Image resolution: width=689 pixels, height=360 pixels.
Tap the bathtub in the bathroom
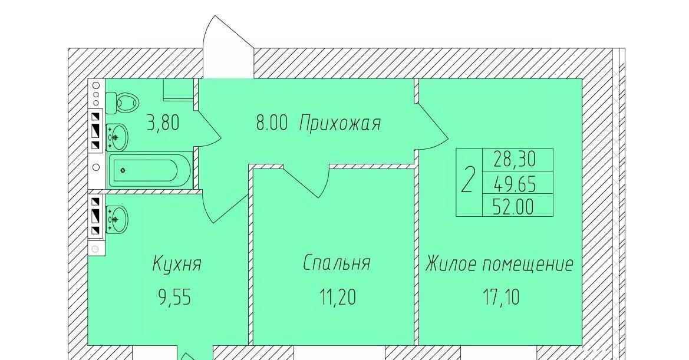pyautogui.click(x=150, y=171)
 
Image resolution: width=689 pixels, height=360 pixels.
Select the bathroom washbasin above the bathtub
pyautogui.click(x=117, y=137)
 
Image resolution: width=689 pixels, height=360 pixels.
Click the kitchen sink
pyautogui.click(x=117, y=219)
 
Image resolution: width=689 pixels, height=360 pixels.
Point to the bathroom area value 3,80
pyautogui.click(x=163, y=123)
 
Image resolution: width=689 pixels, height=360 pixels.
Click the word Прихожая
pyautogui.click(x=339, y=123)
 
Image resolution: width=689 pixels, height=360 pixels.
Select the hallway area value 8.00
pyautogui.click(x=272, y=123)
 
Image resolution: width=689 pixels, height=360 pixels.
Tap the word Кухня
pyautogui.click(x=177, y=265)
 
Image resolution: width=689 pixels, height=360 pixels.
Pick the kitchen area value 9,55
pyautogui.click(x=175, y=298)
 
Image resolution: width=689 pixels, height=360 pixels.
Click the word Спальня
pyautogui.click(x=337, y=263)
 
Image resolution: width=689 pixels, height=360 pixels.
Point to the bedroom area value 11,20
pyautogui.click(x=338, y=297)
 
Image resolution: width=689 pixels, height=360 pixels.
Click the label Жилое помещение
pyautogui.click(x=499, y=265)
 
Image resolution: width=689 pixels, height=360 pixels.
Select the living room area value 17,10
pyautogui.click(x=502, y=297)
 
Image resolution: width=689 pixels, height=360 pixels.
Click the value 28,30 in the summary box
pyautogui.click(x=515, y=159)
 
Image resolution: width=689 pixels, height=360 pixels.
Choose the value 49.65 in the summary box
pyautogui.click(x=515, y=184)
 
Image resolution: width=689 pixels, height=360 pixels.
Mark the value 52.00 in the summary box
pyautogui.click(x=513, y=206)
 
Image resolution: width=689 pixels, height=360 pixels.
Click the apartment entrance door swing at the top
pyautogui.click(x=228, y=47)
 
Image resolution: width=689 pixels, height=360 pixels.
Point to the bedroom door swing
pyautogui.click(x=306, y=181)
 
